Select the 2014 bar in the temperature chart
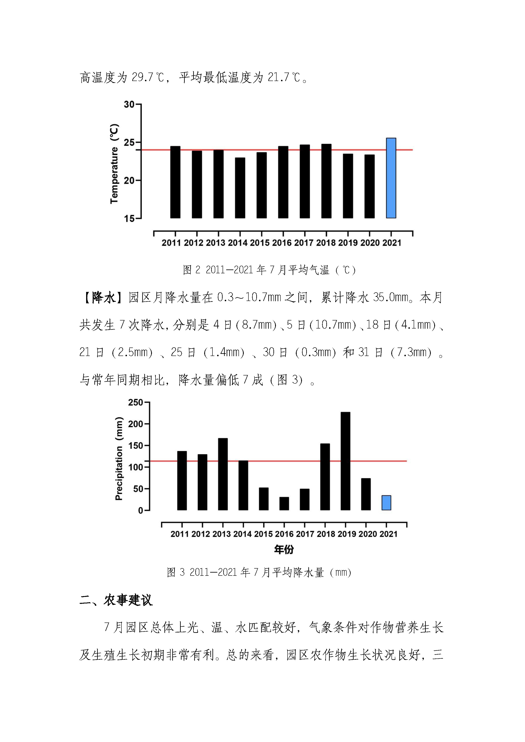(x=240, y=188)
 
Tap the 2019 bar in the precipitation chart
(x=345, y=461)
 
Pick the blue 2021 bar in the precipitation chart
(x=386, y=503)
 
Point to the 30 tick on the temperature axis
(x=129, y=104)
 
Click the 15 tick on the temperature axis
(x=129, y=218)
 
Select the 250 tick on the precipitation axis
(x=136, y=402)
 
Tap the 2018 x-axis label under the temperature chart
(x=326, y=243)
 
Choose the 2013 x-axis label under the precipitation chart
(x=221, y=534)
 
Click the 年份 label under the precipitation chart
(x=284, y=549)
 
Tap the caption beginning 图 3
(x=259, y=572)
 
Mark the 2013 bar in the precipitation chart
(x=223, y=474)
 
